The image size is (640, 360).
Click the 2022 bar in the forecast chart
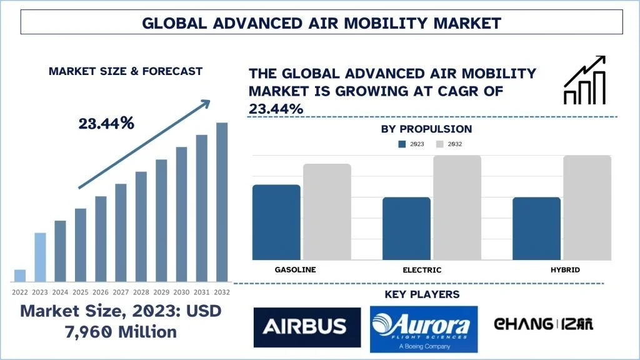(x=20, y=275)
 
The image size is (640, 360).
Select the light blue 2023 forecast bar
(x=39, y=257)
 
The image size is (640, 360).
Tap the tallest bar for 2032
(x=222, y=201)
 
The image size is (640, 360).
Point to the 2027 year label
(x=121, y=292)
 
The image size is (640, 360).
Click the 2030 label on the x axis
(x=181, y=292)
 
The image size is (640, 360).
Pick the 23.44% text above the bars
(x=106, y=124)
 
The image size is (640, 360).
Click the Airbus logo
(x=307, y=326)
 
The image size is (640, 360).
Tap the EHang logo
(x=544, y=324)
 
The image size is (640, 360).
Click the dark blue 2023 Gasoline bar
(x=277, y=222)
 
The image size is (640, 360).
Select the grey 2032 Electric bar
(x=457, y=207)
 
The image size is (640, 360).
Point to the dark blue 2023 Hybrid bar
(x=537, y=228)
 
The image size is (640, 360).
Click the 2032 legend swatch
(x=439, y=144)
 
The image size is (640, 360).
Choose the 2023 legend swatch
(x=402, y=144)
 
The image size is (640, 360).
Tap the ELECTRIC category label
(x=422, y=270)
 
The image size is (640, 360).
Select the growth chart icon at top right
(x=584, y=80)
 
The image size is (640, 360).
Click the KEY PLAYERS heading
(x=422, y=294)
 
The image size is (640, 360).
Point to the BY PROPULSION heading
(x=426, y=129)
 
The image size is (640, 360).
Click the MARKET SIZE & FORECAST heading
(x=126, y=71)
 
